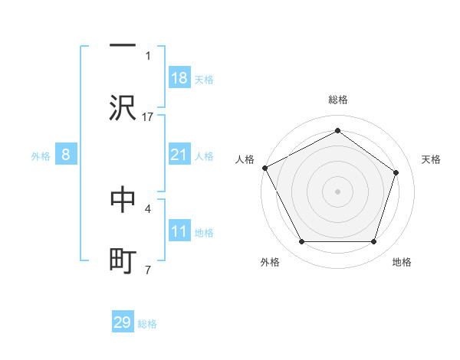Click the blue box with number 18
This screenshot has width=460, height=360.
pos(179,78)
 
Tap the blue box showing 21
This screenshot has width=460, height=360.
pos(179,155)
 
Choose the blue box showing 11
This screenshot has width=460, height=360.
pos(179,231)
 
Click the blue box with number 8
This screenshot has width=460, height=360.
pos(65,155)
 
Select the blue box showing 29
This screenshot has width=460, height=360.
pos(123,322)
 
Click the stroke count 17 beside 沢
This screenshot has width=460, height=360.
pos(149,116)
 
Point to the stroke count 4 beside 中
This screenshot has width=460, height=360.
pos(148,208)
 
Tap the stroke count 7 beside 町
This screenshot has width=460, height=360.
pos(148,270)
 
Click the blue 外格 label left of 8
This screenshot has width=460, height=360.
pos(41,155)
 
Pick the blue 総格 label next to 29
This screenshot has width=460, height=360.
pos(147,324)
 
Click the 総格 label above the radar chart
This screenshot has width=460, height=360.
pos(337,100)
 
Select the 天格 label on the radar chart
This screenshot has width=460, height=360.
pos(431,159)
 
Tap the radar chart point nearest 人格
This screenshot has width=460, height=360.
pos(264,167)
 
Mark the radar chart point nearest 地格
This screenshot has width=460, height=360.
pos(373,242)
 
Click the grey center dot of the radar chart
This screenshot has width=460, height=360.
pos(337,191)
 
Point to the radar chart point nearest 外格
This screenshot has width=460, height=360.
pos(301,242)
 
